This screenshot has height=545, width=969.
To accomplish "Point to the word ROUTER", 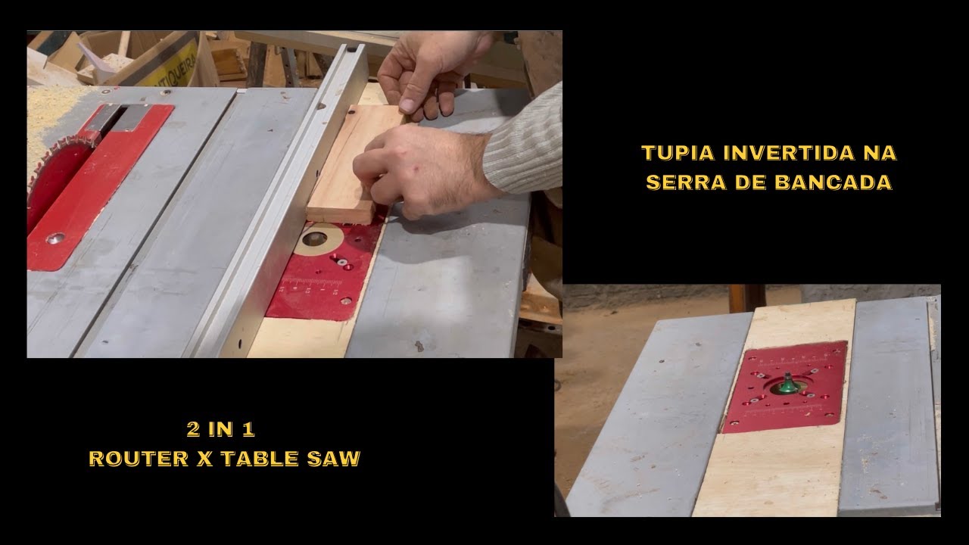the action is click(139, 459).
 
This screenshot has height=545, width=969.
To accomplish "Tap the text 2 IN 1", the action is click(220, 429).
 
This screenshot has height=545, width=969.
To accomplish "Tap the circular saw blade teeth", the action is click(61, 160).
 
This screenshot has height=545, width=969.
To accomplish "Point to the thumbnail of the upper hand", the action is click(407, 104).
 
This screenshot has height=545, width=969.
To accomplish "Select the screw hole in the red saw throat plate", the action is click(56, 238).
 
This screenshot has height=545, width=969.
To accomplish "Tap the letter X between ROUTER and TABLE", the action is click(204, 459).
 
